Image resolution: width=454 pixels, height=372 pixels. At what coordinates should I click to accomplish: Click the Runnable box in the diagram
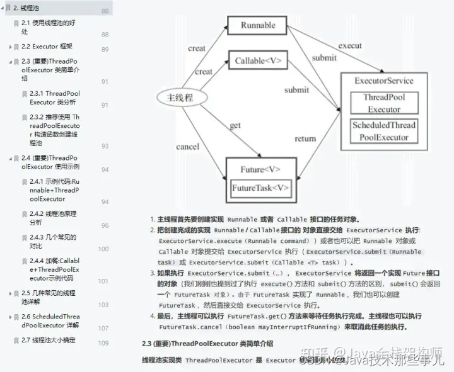tap(258, 25)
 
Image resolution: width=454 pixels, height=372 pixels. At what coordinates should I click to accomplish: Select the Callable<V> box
tap(258, 61)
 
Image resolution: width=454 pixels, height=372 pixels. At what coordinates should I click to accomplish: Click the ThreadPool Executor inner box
tap(384, 103)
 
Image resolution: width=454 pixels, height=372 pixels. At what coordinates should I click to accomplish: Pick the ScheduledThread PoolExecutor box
tap(384, 130)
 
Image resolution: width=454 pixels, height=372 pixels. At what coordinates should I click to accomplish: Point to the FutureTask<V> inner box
tap(260, 188)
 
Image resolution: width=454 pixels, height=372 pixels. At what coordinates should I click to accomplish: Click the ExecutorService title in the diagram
tap(384, 81)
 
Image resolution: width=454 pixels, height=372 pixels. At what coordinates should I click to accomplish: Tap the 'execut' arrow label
tap(350, 45)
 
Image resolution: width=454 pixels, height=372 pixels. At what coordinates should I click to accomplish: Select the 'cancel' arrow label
tap(188, 147)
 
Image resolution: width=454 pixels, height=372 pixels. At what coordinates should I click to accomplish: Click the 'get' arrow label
tap(235, 125)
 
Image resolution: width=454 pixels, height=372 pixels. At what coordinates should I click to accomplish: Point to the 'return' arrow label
tap(305, 138)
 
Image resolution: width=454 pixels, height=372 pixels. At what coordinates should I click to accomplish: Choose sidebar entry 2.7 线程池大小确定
tap(48, 340)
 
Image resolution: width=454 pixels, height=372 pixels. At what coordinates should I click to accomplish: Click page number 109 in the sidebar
tap(103, 343)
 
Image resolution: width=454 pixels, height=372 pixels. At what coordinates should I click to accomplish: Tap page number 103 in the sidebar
tap(103, 305)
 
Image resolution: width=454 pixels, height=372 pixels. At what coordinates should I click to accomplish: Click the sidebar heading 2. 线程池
tap(28, 8)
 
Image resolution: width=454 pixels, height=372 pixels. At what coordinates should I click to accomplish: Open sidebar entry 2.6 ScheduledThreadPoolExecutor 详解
tap(50, 321)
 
